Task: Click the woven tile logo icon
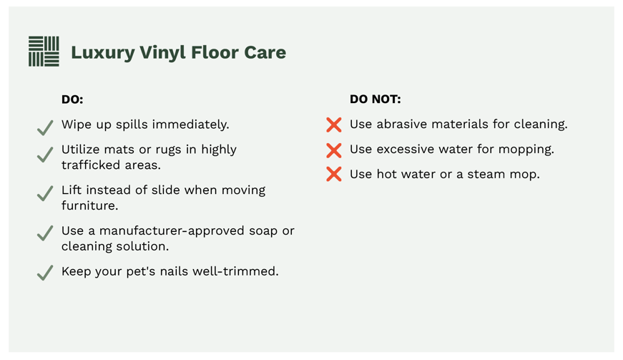[44, 52]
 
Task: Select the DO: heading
[72, 99]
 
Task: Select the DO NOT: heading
[375, 99]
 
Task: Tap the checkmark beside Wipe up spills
[45, 127]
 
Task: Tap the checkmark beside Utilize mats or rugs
[45, 154]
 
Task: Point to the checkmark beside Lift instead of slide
[45, 193]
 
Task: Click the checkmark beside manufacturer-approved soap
[45, 233]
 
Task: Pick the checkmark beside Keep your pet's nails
[45, 273]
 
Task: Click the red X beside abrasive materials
[334, 125]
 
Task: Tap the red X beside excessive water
[334, 150]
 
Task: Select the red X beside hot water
[334, 175]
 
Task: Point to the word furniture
[89, 206]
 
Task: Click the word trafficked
[91, 165]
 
